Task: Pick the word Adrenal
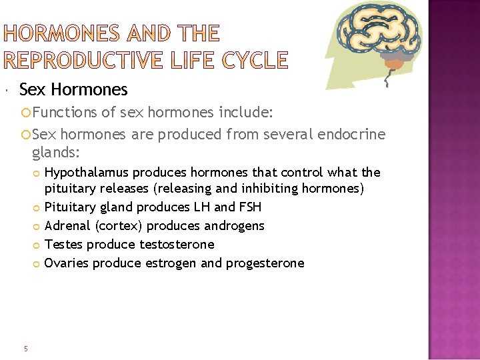point(66,226)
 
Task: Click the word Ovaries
point(66,263)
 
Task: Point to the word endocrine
point(352,134)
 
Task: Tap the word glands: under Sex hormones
point(55,153)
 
